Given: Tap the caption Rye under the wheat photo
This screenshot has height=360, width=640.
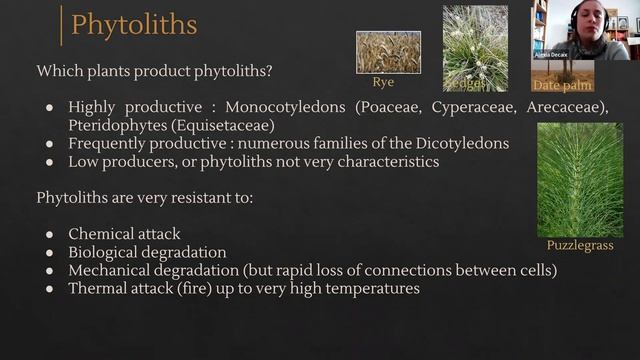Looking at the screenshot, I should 383,81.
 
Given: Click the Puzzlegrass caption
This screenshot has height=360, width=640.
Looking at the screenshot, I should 579,245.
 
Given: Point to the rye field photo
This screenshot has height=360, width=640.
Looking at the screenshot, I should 388,52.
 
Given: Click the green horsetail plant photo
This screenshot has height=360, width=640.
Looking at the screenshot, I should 579,179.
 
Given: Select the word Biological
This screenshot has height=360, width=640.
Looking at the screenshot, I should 108,252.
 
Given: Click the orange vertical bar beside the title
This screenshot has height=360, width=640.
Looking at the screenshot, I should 62,24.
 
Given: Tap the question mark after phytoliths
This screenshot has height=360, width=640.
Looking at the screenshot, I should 270,71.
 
